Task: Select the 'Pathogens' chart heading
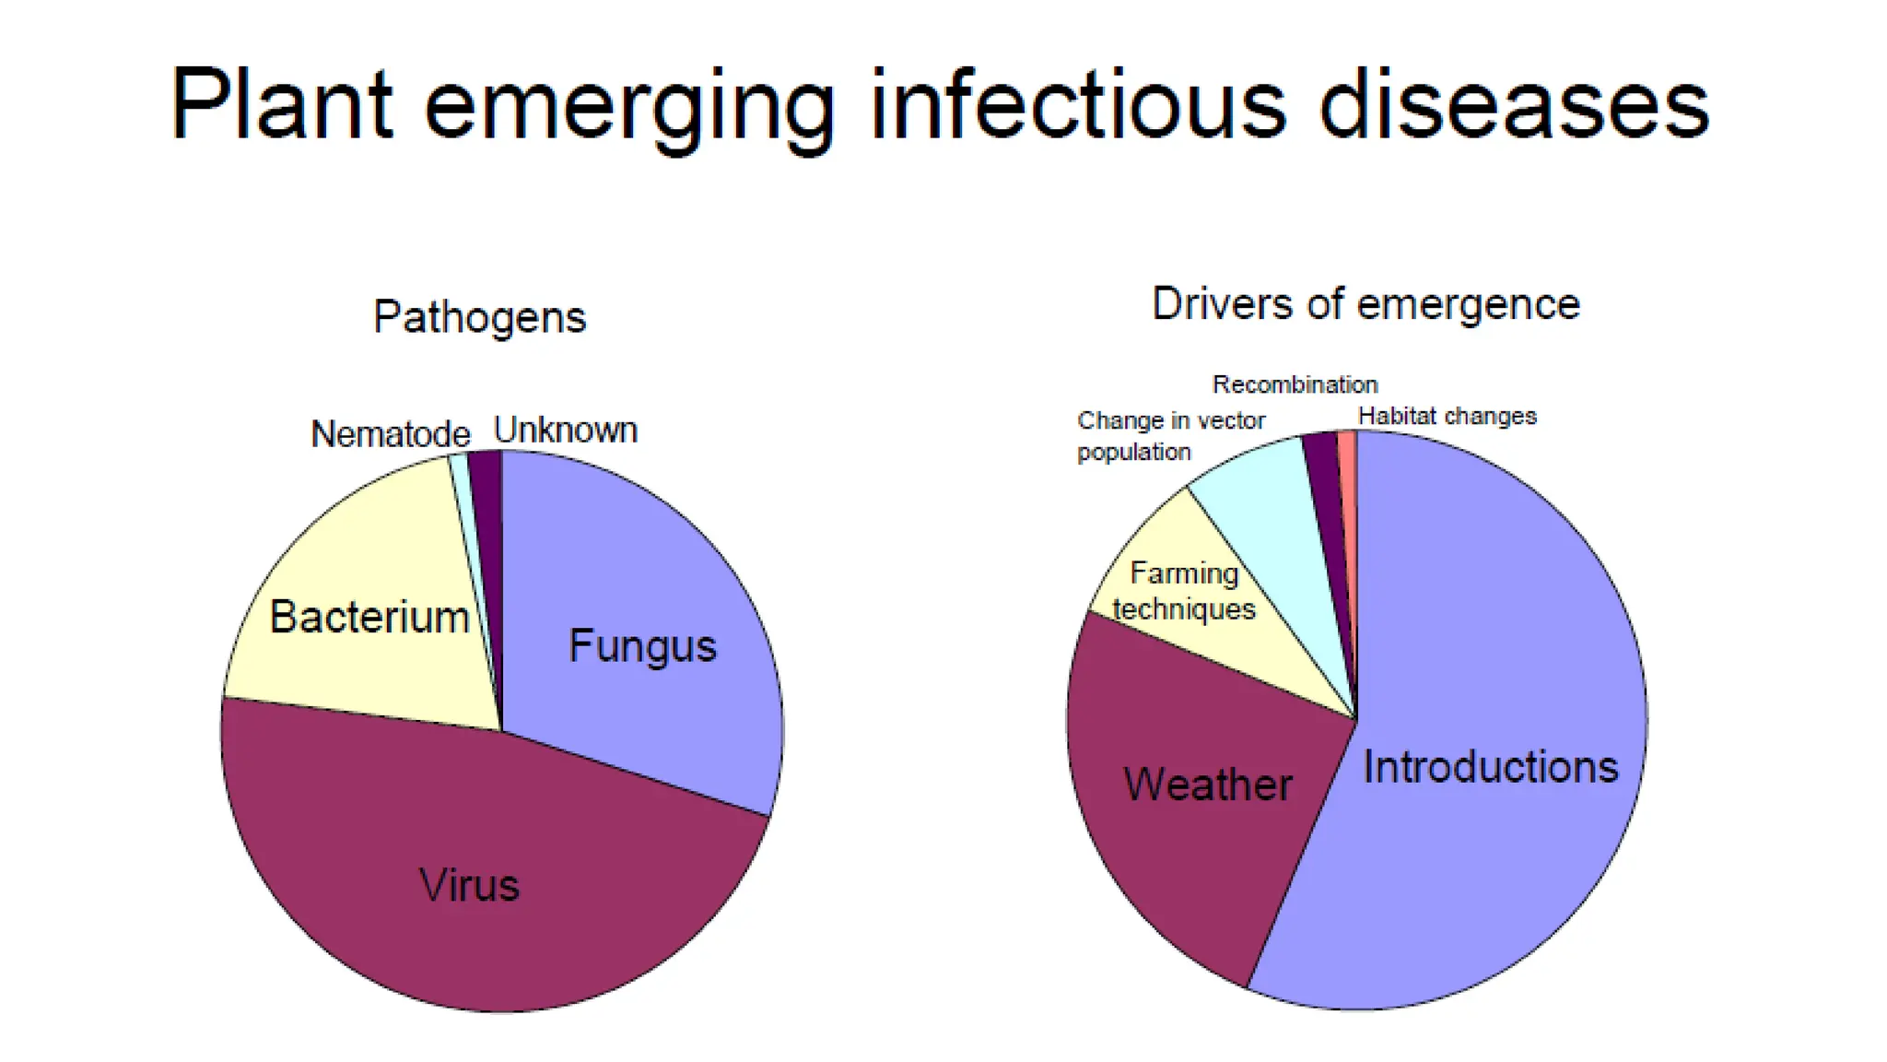[x=479, y=318]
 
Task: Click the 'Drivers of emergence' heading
[x=1365, y=304]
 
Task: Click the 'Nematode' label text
[x=390, y=434]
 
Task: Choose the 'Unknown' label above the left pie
[x=565, y=431]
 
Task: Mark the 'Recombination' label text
[x=1295, y=384]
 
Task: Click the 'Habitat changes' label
[x=1447, y=417]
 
